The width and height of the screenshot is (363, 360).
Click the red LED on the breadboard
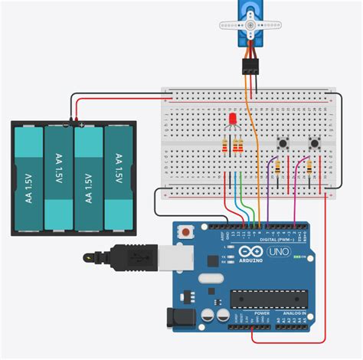(x=231, y=120)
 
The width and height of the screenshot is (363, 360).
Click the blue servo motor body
(x=250, y=21)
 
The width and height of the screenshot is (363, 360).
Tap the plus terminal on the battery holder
(x=81, y=124)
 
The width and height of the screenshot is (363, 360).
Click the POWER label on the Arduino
(x=262, y=313)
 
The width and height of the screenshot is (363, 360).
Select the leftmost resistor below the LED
(x=225, y=146)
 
